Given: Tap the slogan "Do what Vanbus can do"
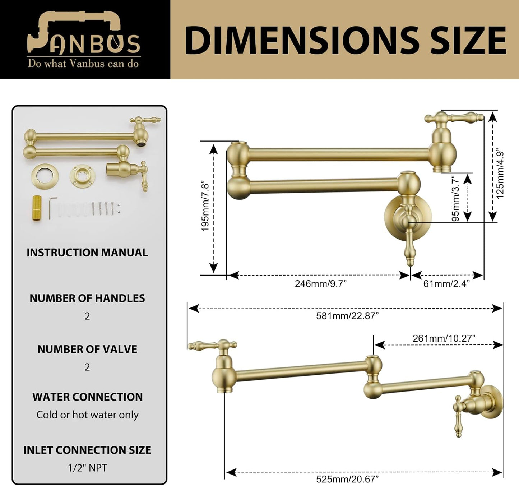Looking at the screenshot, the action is coord(83,64).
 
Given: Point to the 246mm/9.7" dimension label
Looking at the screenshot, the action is coord(321,284).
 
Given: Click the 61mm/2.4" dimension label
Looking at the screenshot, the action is coord(446,284).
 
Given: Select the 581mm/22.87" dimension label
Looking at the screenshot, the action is coord(347,316).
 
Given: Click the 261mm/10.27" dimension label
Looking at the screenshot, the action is coord(444,339).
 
